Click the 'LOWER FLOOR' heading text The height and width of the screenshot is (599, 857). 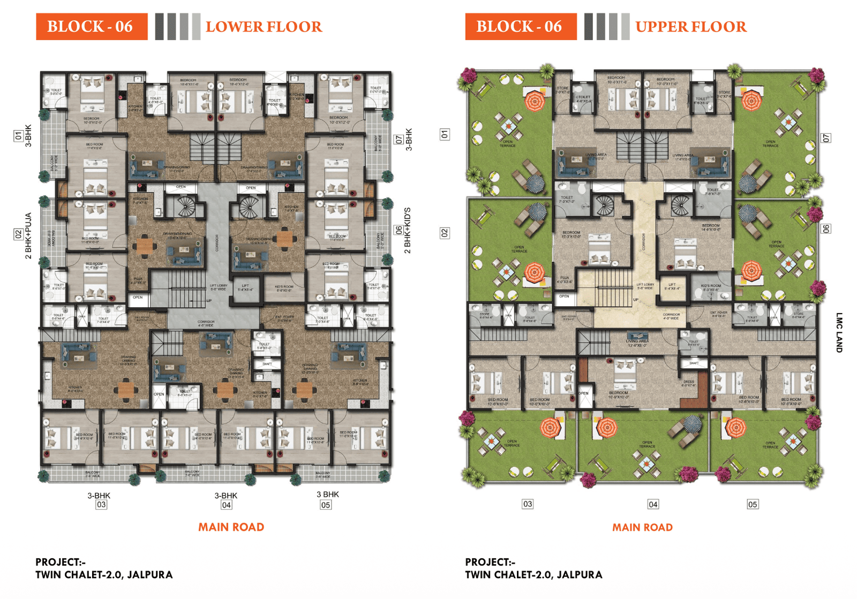pos(264,27)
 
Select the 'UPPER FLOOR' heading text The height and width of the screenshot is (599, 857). pos(690,27)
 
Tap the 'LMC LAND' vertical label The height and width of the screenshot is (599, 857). pos(839,332)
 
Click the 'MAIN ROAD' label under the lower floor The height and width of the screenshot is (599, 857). pos(231,527)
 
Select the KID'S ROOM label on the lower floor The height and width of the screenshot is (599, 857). pos(284,288)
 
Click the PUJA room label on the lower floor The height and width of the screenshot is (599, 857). pos(138,280)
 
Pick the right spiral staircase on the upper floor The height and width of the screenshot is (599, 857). pos(680,206)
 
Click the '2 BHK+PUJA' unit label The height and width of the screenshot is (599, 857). pos(28,236)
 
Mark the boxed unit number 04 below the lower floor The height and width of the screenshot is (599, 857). pos(227,505)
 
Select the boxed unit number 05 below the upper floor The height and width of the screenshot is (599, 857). pos(753,504)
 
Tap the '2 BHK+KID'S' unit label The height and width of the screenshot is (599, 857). pos(408,231)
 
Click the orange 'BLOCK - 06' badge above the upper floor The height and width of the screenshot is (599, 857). pos(520,27)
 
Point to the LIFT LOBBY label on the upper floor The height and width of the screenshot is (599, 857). pos(645,286)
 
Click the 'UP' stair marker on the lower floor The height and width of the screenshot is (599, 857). pos(209,301)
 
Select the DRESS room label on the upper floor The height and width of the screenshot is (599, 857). pos(688,383)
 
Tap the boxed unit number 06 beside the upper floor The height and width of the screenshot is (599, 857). pos(826,229)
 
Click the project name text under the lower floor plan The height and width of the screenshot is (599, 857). pos(104,575)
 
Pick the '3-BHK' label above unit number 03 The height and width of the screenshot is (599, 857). pos(99,496)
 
